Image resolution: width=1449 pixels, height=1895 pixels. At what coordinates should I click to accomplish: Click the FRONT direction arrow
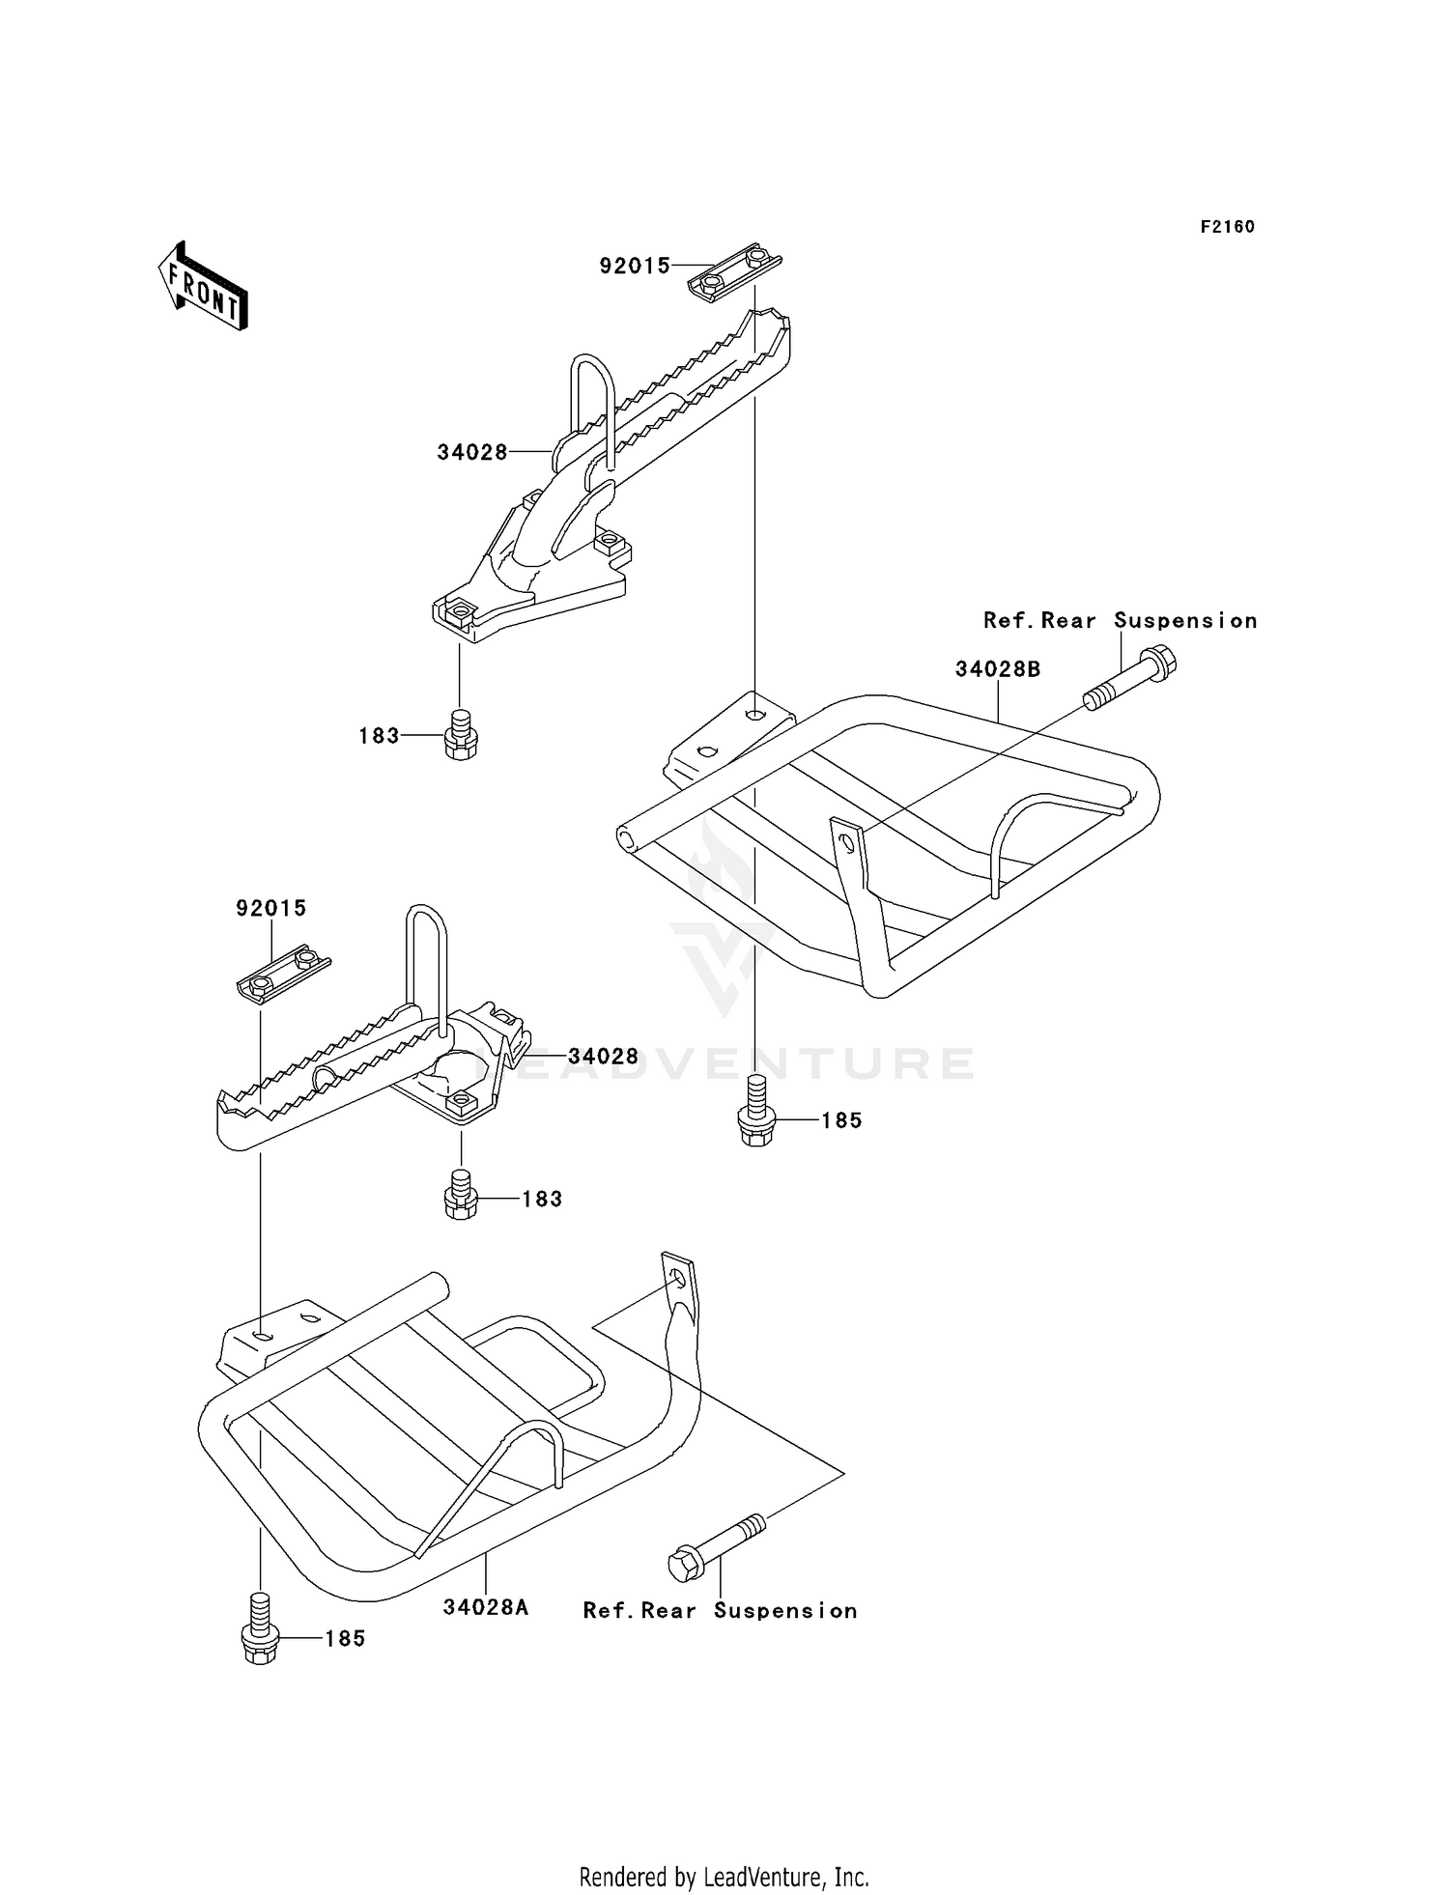point(204,288)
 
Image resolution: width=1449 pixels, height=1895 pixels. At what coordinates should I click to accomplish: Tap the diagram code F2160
point(1227,227)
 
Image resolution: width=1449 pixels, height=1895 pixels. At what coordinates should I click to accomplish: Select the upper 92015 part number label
point(635,266)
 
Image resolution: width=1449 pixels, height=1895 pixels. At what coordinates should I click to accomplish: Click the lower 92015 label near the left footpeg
point(271,908)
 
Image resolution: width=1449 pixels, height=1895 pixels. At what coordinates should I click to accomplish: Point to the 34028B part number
point(998,669)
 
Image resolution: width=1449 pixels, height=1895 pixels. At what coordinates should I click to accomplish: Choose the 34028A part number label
point(486,1607)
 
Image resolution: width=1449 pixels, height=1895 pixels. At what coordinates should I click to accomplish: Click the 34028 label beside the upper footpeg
point(472,452)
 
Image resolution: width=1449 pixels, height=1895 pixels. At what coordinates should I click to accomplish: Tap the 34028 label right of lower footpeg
point(603,1057)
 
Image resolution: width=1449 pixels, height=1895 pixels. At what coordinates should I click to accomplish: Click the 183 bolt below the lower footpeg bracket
point(461,1195)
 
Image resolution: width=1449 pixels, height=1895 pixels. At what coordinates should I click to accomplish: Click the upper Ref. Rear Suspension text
point(1121,621)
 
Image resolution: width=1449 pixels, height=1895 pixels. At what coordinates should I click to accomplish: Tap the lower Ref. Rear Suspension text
point(720,1610)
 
